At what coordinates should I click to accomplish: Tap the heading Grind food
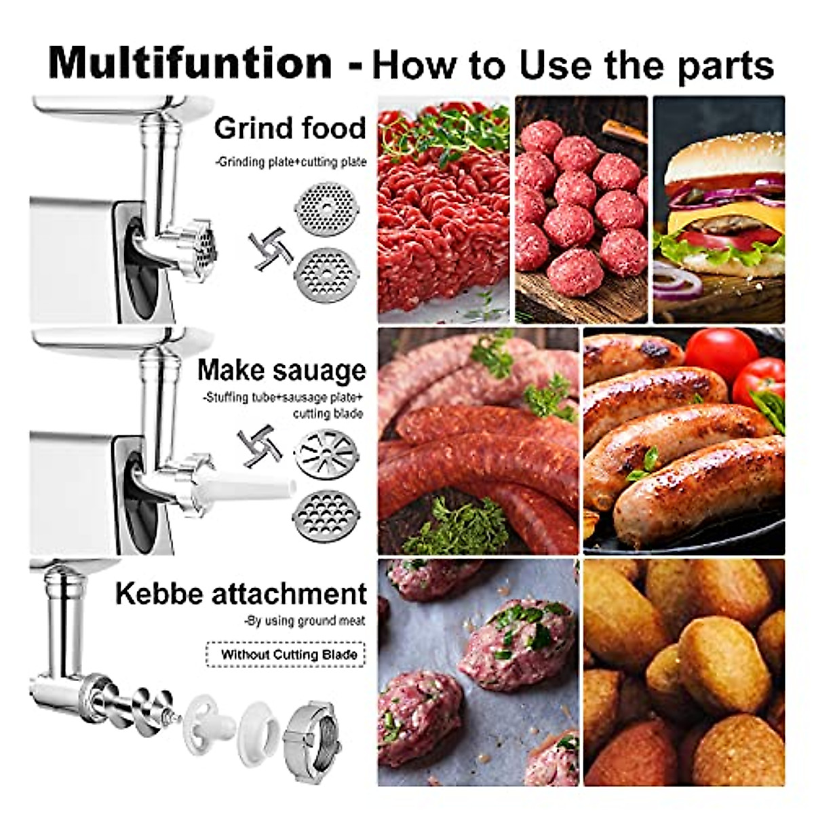[x=290, y=128]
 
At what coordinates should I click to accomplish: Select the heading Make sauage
[x=282, y=370]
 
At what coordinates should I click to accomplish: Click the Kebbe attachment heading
[x=241, y=594]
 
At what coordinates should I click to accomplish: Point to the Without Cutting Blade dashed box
[x=285, y=655]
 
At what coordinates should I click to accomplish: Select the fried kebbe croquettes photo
[x=684, y=672]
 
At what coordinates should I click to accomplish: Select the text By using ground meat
[x=305, y=621]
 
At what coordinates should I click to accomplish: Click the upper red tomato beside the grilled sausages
[x=720, y=352]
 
